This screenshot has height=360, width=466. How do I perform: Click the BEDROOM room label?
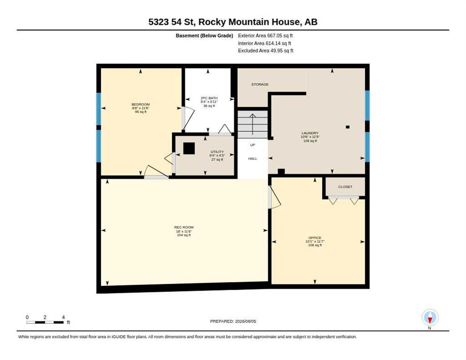[141, 105]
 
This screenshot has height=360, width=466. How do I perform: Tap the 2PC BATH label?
[209, 98]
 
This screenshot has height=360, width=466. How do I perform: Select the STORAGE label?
[260, 84]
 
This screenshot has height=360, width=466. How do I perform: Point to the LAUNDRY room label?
[310, 133]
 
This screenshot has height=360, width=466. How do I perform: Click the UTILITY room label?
[217, 152]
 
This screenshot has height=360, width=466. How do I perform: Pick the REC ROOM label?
[184, 227]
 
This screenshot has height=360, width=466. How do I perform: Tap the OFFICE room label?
[315, 238]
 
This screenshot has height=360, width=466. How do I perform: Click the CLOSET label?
[345, 187]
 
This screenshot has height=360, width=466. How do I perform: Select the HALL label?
[253, 159]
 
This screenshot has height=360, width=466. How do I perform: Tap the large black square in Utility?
[189, 148]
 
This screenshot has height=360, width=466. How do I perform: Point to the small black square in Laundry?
[348, 127]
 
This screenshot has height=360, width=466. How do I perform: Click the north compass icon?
[430, 317]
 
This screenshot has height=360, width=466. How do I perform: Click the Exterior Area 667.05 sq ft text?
[265, 36]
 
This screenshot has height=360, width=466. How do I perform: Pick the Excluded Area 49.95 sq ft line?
[265, 51]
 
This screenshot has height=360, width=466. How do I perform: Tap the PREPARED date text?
[233, 322]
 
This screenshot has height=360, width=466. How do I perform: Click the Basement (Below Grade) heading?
[204, 36]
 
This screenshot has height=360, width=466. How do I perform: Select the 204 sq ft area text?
[184, 235]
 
